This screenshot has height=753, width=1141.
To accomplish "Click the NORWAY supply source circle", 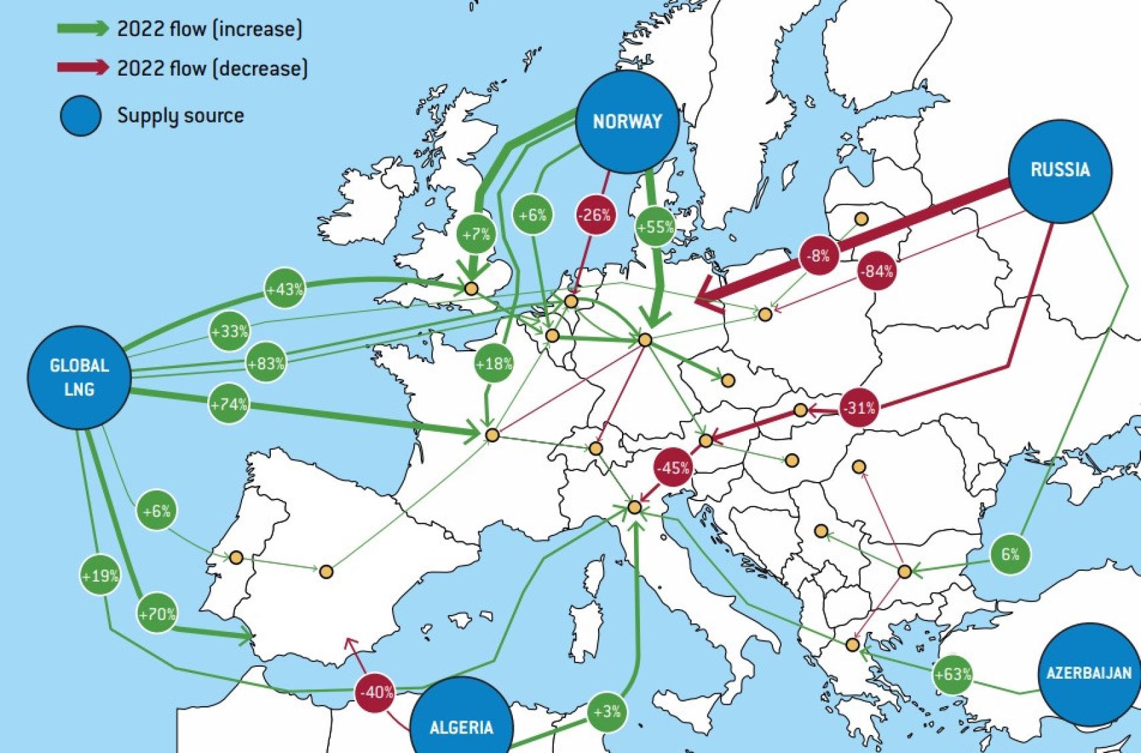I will [x=627, y=122].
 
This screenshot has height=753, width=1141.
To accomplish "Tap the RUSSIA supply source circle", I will [x=1059, y=170].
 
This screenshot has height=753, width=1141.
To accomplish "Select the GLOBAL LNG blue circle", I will [x=79, y=377].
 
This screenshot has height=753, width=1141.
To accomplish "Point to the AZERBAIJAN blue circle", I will [x=1088, y=673].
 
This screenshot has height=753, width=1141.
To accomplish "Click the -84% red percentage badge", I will [x=876, y=271].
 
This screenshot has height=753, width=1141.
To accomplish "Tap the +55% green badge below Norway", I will [x=655, y=227].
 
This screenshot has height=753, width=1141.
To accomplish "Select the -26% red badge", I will [x=595, y=215].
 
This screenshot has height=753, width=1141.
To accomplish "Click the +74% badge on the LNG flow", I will [x=229, y=404].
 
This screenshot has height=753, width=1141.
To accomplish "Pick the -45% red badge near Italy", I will [x=673, y=468].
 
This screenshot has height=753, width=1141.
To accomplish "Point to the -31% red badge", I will [x=859, y=407].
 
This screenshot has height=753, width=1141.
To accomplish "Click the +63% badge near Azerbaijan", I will [x=952, y=673].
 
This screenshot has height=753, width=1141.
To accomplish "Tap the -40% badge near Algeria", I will [x=376, y=692].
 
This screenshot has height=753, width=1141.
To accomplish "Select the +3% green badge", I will [x=607, y=712].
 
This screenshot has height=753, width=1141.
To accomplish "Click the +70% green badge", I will [x=157, y=614].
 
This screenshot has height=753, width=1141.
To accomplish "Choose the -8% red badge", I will [x=818, y=255].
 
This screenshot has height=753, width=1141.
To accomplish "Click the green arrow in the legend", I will [x=83, y=28].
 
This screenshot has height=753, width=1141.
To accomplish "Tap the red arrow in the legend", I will [x=83, y=67].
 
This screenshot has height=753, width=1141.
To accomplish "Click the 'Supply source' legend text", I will [x=181, y=115].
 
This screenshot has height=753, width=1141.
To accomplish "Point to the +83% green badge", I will [x=266, y=363].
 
